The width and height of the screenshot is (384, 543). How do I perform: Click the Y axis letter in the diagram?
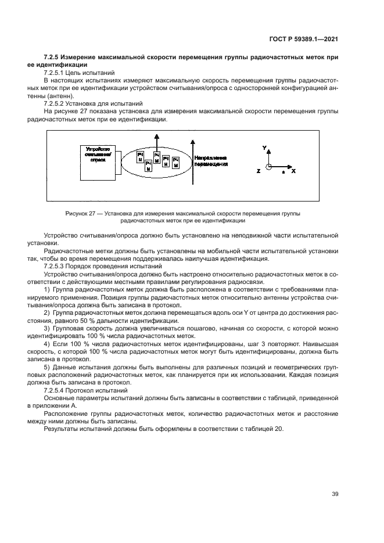point(264,149)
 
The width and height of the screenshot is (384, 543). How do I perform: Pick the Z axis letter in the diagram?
point(258,171)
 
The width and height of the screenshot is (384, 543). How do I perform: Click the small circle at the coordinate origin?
point(268,168)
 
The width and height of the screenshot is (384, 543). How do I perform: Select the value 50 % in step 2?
point(105,321)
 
